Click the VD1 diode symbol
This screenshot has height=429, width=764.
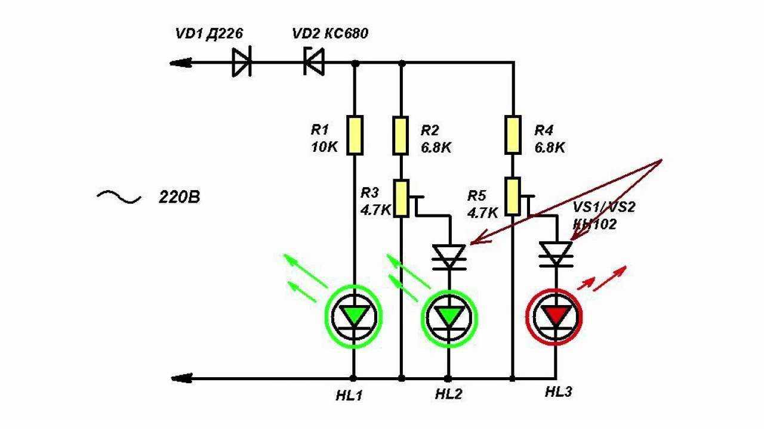point(241,62)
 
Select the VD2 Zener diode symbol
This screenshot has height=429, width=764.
point(313,62)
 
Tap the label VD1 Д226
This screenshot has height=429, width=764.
point(208,33)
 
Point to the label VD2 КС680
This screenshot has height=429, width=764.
point(329,33)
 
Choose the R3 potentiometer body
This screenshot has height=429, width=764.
point(401,199)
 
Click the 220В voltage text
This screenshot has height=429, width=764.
point(179,197)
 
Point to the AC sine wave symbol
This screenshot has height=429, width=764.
point(119,197)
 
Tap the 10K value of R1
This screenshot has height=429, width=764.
point(324,147)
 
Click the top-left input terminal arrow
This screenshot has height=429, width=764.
point(180,62)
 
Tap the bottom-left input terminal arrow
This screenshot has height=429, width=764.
point(180,378)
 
